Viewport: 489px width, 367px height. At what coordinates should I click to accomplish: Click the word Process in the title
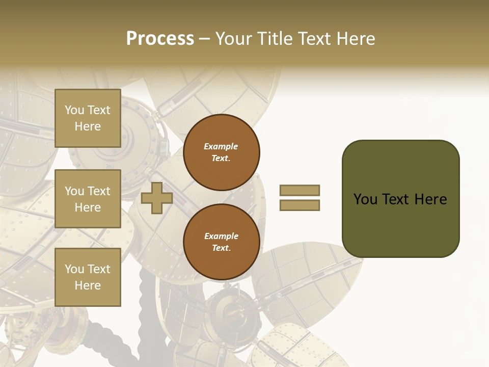(160, 39)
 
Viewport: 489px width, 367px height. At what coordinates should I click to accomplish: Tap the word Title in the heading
(273, 39)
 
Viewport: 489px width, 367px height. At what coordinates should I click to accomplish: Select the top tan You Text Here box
(88, 118)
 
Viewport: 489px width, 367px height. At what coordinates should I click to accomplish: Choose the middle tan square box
(88, 199)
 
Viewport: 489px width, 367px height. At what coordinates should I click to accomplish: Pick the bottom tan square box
(88, 277)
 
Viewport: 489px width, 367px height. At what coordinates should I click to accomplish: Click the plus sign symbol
(157, 198)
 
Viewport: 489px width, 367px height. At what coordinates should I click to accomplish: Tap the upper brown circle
(222, 152)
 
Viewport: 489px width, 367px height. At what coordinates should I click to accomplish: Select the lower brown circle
(222, 242)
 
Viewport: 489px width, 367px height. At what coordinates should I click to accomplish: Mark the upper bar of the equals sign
(300, 190)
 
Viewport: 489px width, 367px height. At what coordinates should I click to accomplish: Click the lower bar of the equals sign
(300, 205)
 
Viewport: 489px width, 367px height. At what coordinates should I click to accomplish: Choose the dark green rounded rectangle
(400, 198)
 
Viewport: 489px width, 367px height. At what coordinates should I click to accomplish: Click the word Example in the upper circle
(221, 146)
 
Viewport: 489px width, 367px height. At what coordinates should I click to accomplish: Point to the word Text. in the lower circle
(221, 248)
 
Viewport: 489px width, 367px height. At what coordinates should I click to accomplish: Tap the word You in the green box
(365, 199)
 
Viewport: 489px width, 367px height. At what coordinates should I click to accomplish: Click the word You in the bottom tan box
(74, 269)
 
